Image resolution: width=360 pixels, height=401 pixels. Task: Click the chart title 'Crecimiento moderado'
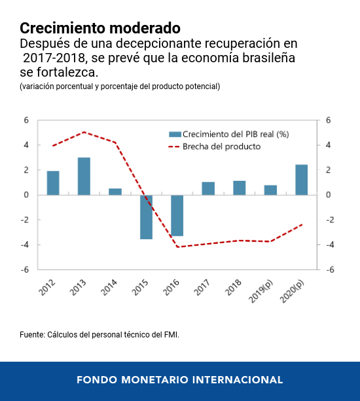tap(99, 28)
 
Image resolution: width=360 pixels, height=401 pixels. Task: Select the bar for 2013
tap(84, 176)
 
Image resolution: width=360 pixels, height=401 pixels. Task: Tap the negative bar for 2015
tap(146, 217)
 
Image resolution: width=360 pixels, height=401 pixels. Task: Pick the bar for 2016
tap(177, 216)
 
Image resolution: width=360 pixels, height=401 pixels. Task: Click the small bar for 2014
tap(115, 191)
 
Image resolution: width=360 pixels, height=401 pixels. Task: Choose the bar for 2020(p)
tap(301, 180)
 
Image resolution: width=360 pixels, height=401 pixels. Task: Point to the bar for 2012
tap(53, 183)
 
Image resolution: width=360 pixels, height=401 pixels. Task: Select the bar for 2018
tap(239, 188)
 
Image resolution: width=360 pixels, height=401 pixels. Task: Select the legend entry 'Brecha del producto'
tap(221, 147)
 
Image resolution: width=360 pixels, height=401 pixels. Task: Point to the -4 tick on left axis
tap(26, 245)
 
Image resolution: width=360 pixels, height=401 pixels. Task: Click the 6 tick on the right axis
tap(329, 121)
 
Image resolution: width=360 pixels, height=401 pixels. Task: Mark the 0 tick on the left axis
tap(27, 195)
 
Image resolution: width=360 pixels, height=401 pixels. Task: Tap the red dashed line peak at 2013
tap(84, 132)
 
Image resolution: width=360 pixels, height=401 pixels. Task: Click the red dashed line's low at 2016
tap(177, 247)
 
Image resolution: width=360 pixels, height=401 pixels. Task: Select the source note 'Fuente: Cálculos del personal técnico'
tap(99, 335)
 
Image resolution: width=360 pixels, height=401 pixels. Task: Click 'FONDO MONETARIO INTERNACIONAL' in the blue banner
tap(179, 380)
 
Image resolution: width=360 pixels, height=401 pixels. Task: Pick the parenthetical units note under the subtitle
tap(120, 86)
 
